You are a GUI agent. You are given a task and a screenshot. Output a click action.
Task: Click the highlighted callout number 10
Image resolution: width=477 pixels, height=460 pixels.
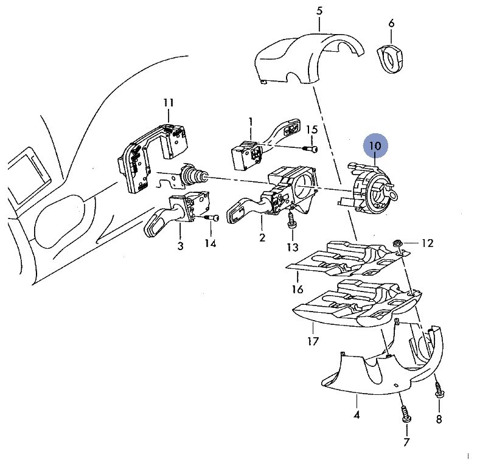point(376,146)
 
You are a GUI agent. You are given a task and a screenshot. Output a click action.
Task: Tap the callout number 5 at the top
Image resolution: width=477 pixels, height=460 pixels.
point(319,11)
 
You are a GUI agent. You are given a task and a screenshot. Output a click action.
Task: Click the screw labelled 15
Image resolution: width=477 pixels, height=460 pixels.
point(310,148)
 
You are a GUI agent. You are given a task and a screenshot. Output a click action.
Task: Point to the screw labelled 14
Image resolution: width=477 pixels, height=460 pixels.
point(212,218)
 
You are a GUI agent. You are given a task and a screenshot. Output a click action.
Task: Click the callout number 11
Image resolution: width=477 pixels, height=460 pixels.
point(169,103)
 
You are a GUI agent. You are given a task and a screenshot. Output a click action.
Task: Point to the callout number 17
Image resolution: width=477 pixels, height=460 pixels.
point(313,341)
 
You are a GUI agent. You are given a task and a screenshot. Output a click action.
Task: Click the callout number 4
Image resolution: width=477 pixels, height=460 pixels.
point(357,415)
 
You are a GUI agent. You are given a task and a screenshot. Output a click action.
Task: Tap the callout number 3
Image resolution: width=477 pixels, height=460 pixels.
point(180,246)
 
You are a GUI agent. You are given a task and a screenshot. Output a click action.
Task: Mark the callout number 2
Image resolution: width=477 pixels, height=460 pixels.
point(262,237)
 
